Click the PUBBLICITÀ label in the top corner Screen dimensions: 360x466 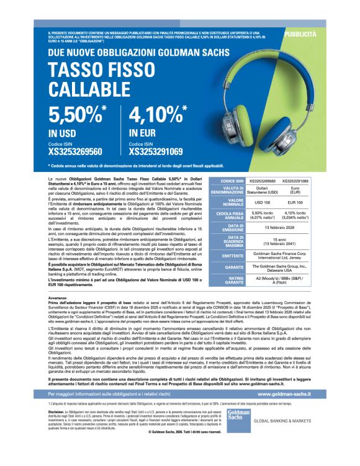[x=300, y=34]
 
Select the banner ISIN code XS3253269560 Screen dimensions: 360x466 [x=75, y=151]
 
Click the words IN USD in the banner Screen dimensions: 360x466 [x=62, y=133]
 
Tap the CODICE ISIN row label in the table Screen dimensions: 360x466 [x=227, y=181]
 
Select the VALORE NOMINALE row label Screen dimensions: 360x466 [x=227, y=202]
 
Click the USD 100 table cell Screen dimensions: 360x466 [x=263, y=202]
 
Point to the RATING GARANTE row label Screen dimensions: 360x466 [x=227, y=280]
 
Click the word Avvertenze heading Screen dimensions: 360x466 [x=58, y=298]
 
